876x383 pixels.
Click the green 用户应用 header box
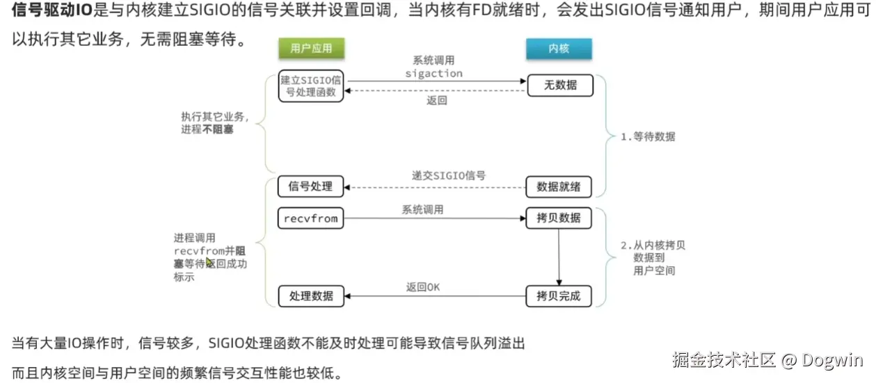point(311,48)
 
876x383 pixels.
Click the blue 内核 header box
point(559,48)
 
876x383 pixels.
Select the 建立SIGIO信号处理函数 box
point(311,85)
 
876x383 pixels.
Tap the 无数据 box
point(559,85)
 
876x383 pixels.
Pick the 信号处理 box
point(310,186)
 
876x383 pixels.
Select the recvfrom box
point(310,218)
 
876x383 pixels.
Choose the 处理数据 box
point(310,296)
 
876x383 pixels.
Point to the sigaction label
point(433,73)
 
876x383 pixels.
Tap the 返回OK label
point(423,287)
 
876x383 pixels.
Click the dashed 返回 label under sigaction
point(436,101)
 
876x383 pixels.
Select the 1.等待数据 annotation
point(647,137)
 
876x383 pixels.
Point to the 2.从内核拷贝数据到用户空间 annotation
point(653,258)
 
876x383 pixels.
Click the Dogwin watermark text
point(832,360)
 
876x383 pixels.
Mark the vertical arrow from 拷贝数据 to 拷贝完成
point(559,257)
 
